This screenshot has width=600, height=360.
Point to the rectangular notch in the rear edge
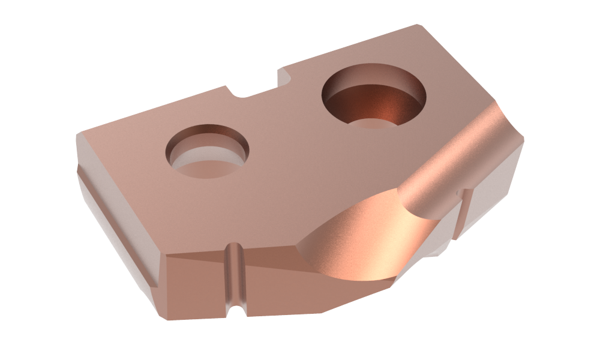point(255,90)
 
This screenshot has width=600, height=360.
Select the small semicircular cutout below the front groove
point(235,312)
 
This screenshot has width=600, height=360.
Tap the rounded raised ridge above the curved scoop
point(456,162)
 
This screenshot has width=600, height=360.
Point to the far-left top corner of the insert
point(77,135)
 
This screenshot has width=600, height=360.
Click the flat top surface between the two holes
point(282,138)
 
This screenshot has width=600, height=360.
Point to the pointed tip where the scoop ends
point(298,244)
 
